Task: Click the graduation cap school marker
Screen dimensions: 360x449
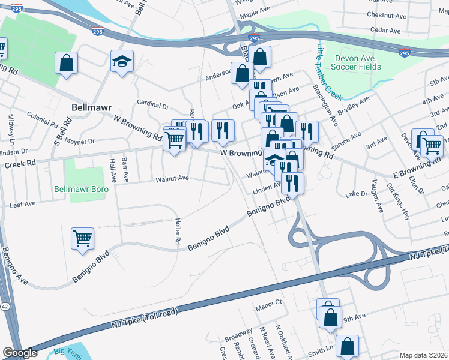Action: pos(122,62)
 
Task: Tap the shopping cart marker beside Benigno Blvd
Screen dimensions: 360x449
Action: pos(83,238)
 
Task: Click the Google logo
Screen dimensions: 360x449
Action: pos(20,353)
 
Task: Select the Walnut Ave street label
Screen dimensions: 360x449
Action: pos(172,179)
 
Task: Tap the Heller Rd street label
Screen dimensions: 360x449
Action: pos(178,231)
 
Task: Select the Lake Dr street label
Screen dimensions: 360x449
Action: pos(356,194)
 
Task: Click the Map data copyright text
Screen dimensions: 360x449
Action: pos(424,355)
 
